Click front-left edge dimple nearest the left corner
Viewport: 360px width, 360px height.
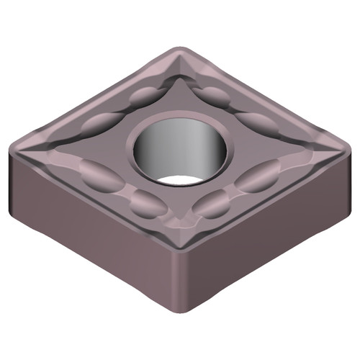point(98,173)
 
